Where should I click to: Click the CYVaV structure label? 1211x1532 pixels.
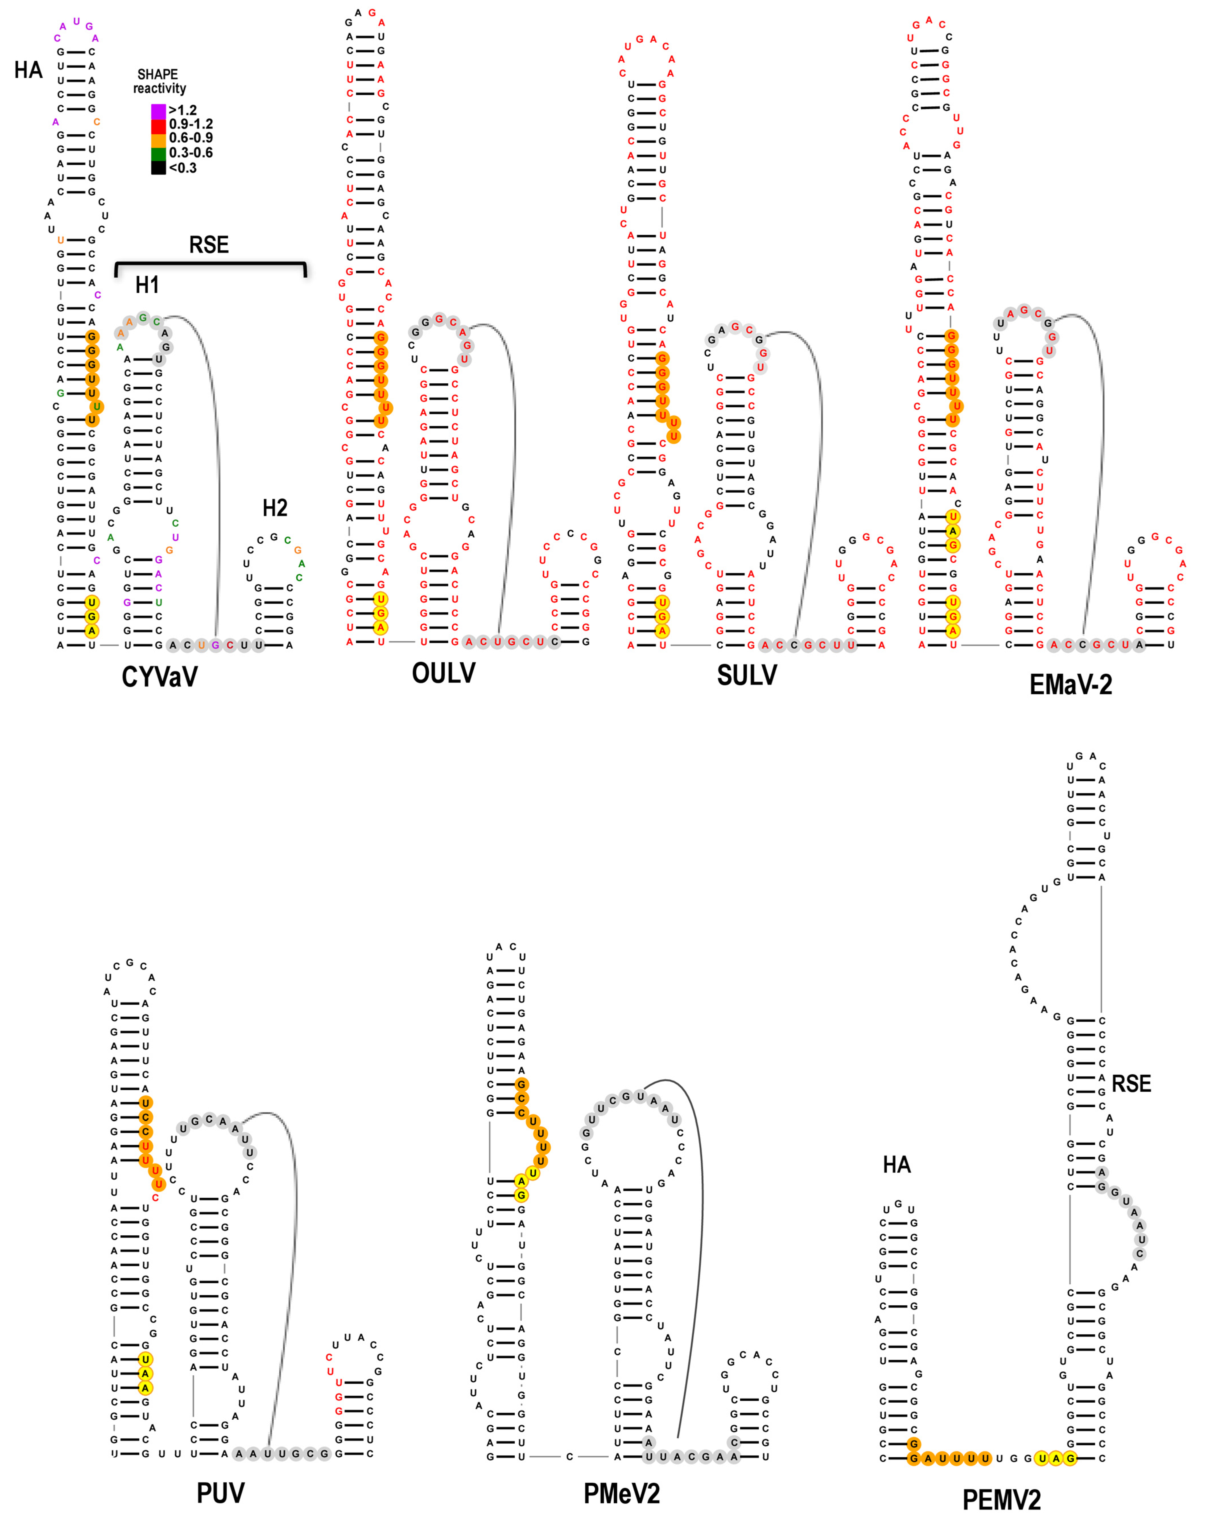[160, 677]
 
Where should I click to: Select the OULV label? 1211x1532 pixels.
[444, 673]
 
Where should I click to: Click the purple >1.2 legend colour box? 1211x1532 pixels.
[158, 111]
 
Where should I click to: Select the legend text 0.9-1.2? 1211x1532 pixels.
[191, 124]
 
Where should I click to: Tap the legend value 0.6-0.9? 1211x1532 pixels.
[191, 138]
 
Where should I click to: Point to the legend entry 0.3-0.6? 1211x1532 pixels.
[191, 152]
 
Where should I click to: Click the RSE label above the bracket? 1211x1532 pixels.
[209, 245]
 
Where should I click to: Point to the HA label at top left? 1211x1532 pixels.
[28, 70]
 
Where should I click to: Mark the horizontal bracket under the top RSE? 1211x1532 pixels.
[210, 264]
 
